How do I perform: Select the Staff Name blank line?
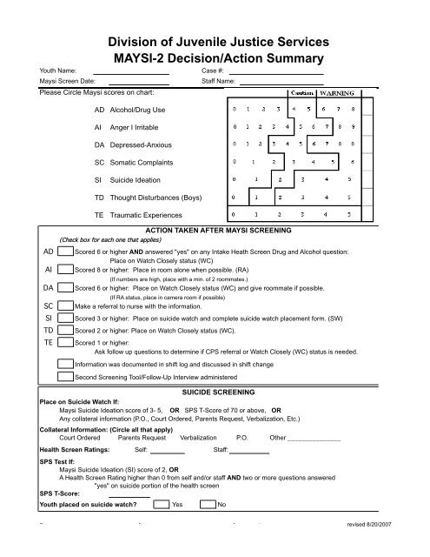click(x=286, y=83)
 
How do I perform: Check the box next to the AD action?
click(x=65, y=252)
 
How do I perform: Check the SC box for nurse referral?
click(x=65, y=307)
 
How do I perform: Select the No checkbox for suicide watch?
click(x=208, y=504)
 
